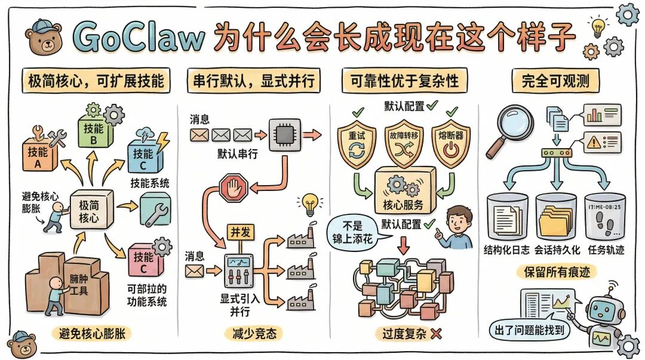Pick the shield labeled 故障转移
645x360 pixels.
[404, 141]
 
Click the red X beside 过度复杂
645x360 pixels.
[436, 334]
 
